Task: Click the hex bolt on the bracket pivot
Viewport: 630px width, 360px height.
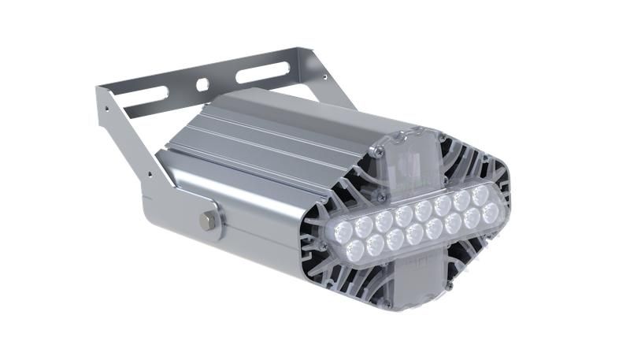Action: pyautogui.click(x=208, y=221)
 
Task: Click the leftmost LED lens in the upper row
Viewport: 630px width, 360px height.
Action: pyautogui.click(x=345, y=230)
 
